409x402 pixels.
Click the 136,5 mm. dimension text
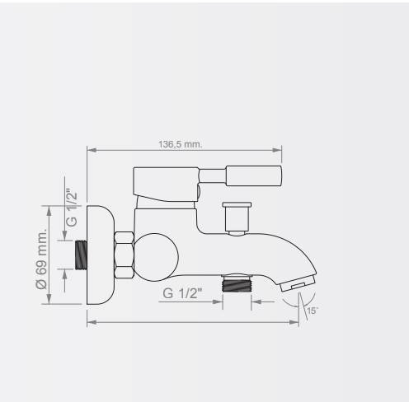(x=181, y=144)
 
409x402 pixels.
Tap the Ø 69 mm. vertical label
(x=41, y=259)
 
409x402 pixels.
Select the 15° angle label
(x=313, y=311)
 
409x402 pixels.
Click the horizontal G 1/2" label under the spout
(x=182, y=293)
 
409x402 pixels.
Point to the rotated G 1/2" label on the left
(x=72, y=208)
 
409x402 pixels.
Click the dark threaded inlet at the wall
(x=81, y=255)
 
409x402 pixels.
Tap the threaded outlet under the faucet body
(x=237, y=283)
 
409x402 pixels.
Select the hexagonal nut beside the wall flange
(x=124, y=255)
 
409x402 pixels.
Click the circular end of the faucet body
(x=155, y=257)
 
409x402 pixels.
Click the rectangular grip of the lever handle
(x=254, y=175)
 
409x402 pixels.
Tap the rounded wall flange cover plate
(x=101, y=255)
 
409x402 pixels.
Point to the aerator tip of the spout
(x=298, y=283)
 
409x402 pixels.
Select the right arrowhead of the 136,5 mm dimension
(x=277, y=150)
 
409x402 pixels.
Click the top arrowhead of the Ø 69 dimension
(x=49, y=211)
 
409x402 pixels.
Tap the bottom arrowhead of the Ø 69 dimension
(x=49, y=299)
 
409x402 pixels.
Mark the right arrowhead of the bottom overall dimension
(x=294, y=322)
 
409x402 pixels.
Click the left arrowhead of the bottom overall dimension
(x=92, y=322)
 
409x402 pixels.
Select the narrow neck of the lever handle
(x=212, y=175)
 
